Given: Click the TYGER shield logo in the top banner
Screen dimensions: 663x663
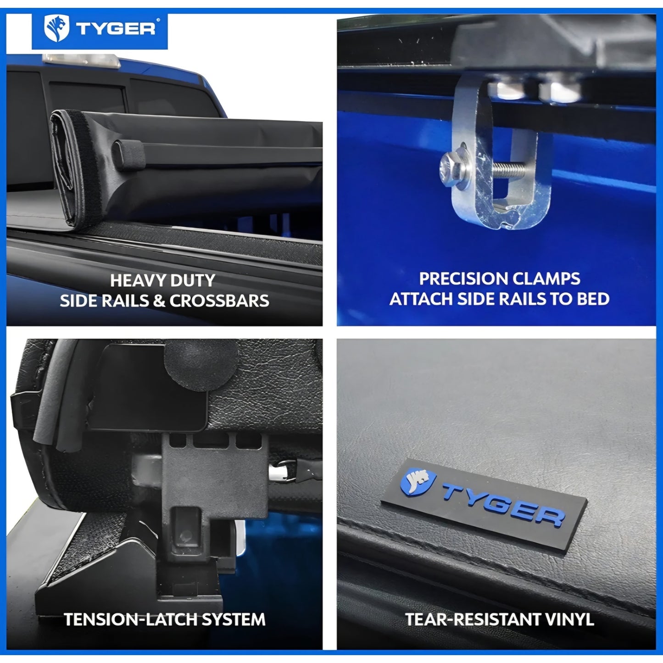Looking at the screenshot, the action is click(56, 28).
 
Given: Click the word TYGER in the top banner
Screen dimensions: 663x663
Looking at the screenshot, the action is click(116, 29).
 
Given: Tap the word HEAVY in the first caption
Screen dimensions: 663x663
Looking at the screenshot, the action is click(134, 280).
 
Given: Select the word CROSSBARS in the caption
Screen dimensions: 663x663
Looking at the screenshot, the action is click(219, 301).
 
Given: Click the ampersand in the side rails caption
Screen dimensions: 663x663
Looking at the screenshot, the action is click(159, 301).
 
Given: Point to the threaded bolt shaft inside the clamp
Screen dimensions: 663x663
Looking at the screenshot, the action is click(508, 168).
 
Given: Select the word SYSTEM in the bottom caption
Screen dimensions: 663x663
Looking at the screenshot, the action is click(234, 619).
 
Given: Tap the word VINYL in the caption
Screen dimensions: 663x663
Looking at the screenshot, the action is click(568, 619).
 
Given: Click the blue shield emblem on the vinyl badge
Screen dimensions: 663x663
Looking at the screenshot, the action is click(418, 481).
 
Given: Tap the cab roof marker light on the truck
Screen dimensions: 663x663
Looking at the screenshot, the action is click(81, 61).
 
